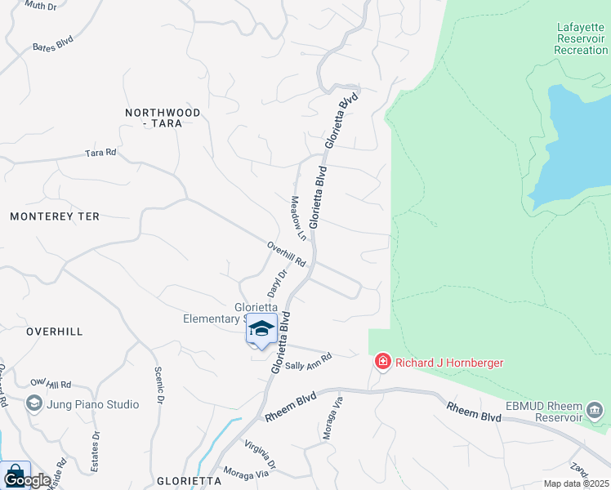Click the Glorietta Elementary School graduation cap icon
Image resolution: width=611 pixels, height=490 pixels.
261,329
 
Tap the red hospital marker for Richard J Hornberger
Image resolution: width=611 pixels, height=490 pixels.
381,361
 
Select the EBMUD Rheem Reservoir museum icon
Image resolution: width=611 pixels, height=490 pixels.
594,408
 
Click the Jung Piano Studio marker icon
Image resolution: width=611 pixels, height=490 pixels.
33,403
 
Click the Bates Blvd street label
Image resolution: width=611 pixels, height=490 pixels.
52,47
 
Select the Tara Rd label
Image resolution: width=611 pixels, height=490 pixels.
100,153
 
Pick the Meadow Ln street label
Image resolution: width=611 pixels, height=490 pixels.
298,218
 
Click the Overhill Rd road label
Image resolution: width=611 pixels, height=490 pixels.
286,254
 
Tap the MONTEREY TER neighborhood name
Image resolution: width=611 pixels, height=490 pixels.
55,216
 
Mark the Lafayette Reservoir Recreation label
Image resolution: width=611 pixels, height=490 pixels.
581,38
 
